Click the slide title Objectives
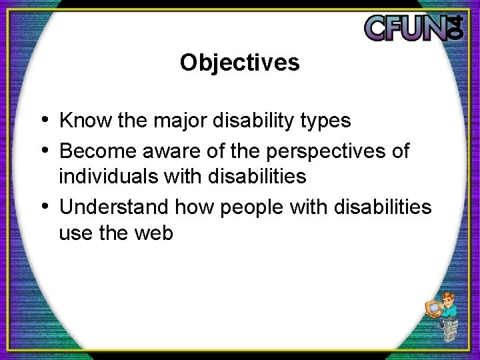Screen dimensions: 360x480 (x=239, y=63)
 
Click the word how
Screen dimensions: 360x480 (x=193, y=207)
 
